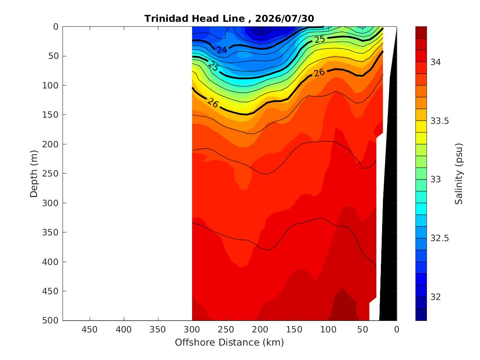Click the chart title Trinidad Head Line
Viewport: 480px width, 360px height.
195,19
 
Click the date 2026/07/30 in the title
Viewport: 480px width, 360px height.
284,19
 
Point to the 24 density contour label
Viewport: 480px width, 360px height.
222,50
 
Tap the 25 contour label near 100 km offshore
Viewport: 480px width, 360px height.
320,39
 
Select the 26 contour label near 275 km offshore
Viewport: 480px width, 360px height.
213,103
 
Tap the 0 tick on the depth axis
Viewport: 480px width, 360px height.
56,27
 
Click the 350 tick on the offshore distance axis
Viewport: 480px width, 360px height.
158,330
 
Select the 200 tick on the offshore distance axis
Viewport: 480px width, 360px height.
260,330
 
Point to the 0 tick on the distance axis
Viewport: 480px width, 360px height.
397,330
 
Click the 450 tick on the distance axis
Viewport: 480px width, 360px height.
90,330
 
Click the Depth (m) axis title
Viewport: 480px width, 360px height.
34,174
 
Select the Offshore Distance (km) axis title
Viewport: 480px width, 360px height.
230,342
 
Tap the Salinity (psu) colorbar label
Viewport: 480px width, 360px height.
459,174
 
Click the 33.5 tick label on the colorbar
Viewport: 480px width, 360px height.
440,121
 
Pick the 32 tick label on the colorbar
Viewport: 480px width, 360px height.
436,297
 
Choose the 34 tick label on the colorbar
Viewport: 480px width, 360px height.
436,62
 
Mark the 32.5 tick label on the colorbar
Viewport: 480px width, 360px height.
440,238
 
